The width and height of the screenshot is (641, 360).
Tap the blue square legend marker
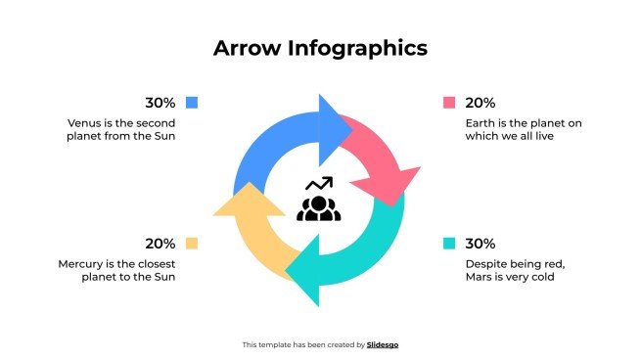[x=192, y=102]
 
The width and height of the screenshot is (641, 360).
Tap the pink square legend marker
[x=449, y=102]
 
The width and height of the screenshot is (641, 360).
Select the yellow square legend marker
[x=192, y=244]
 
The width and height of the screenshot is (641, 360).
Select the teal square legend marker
[x=449, y=244]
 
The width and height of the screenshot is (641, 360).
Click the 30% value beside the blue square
[x=160, y=102]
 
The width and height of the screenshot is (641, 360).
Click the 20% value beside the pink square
[x=481, y=102]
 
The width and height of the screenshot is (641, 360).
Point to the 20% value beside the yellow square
[x=160, y=244]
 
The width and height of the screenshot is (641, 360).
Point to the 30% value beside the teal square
[x=481, y=244]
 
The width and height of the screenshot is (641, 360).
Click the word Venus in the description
[x=84, y=123]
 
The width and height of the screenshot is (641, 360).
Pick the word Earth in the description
[x=482, y=123]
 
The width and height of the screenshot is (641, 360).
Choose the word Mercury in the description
[x=80, y=264]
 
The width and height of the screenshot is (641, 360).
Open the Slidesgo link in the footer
[x=383, y=344]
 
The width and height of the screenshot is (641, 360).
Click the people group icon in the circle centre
[x=319, y=207]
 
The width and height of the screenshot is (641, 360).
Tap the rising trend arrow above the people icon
[x=320, y=183]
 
